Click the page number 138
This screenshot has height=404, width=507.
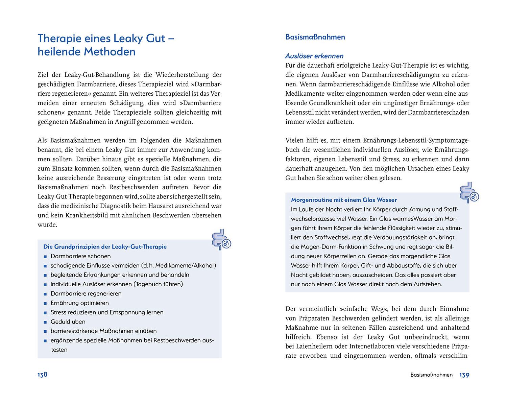pos(42,375)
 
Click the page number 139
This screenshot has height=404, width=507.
pos(464,375)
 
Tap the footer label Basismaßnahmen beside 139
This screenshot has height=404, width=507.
pos(431,375)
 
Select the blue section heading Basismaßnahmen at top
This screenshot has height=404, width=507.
pos(315,37)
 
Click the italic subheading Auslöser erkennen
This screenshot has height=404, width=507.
pos(314,56)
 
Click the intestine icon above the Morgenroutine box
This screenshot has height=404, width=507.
pos(469,193)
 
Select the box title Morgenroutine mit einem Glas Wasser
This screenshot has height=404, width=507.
pos(344,200)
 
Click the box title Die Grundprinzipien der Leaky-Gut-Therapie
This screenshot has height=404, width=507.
pos(105,247)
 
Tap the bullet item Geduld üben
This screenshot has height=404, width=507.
pos(68,322)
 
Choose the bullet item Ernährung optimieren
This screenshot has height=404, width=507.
pos(80,303)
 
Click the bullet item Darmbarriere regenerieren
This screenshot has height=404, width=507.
pos(86,293)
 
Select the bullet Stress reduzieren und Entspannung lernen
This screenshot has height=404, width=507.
pos(107,312)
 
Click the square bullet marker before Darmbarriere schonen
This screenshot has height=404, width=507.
pos(45,257)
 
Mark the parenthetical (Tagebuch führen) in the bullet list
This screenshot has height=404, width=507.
pos(158,284)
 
